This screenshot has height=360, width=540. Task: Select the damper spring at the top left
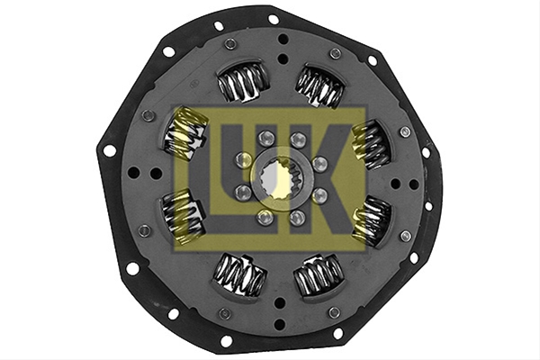pyautogui.click(x=242, y=82)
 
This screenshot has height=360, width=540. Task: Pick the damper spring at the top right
pyautogui.click(x=321, y=86)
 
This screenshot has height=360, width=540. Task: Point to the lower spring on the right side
pyautogui.click(x=371, y=220)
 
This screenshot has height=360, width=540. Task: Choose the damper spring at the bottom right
pyautogui.click(x=319, y=276)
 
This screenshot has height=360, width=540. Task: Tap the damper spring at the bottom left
pyautogui.click(x=241, y=274)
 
